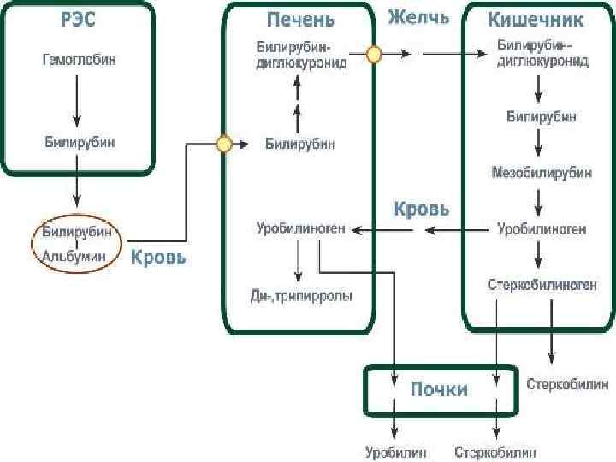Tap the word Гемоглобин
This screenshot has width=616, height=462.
click(78, 62)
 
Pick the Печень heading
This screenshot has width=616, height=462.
click(300, 20)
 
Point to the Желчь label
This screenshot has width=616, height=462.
click(419, 18)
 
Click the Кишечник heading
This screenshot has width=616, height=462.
click(536, 19)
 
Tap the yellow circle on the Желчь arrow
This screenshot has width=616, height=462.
click(374, 55)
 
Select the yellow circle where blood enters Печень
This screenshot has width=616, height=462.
click(224, 144)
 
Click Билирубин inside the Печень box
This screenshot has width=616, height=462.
click(300, 144)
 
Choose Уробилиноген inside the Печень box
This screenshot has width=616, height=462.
click(300, 228)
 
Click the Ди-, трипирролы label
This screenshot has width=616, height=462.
click(300, 294)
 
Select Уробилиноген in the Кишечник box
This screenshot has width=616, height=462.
click(542, 228)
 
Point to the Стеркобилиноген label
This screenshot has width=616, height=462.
click(542, 284)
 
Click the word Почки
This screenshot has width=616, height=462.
click(439, 389)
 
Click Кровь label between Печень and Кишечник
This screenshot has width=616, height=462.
click(420, 208)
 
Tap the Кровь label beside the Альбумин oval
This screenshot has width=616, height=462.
click(157, 257)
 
